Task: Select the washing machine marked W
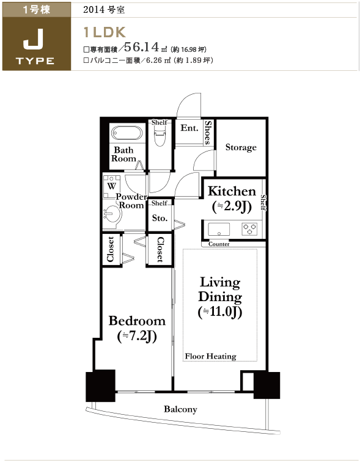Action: [112, 187]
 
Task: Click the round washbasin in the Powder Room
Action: [113, 214]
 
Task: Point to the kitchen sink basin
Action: [219, 230]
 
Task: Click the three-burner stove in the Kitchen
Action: [250, 229]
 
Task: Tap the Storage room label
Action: [241, 147]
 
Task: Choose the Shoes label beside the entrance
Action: [208, 132]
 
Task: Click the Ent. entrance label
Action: [189, 128]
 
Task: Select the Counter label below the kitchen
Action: [219, 244]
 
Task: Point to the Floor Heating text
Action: [210, 356]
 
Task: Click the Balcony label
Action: [180, 409]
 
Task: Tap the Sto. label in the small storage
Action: [160, 218]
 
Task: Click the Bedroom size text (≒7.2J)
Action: [137, 336]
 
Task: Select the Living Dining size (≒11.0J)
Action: [220, 312]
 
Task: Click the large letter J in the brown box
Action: [34, 39]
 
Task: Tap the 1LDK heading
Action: [105, 32]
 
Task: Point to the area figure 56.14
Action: [142, 47]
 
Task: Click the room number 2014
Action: [94, 10]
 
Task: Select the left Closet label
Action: [111, 249]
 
